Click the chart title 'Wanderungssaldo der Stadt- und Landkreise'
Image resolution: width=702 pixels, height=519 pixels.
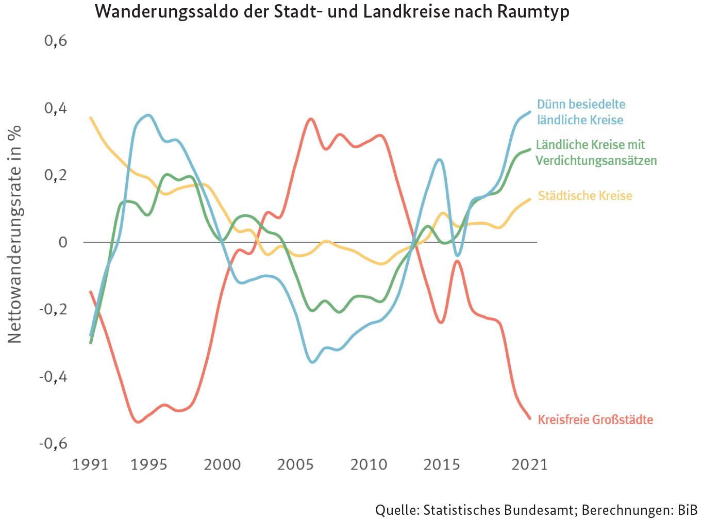click(332, 11)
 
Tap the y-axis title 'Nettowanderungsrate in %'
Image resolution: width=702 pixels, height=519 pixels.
click(14, 235)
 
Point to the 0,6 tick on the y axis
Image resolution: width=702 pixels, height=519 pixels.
click(56, 40)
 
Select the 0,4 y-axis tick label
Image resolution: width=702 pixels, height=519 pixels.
click(56, 108)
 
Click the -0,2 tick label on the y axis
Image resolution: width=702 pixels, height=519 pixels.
click(54, 309)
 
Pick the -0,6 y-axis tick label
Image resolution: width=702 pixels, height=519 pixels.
click(54, 443)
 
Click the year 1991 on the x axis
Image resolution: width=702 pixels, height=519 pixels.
click(90, 465)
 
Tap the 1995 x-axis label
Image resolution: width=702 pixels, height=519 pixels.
click(149, 465)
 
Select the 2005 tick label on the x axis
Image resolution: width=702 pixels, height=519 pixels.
click(295, 465)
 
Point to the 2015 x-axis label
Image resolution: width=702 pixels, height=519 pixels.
click(442, 465)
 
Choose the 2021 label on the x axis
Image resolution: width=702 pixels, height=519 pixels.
click(529, 465)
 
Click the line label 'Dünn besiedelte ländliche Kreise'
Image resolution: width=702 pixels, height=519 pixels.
click(581, 112)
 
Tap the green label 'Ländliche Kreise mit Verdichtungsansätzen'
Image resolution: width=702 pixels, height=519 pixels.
click(596, 153)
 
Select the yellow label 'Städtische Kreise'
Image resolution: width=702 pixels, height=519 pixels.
click(585, 196)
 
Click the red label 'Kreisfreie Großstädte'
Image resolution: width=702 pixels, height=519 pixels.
click(595, 420)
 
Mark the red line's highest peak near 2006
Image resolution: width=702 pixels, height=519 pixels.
click(310, 119)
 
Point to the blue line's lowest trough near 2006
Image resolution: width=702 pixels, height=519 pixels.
click(312, 362)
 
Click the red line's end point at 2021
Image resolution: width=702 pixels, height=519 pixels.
click(530, 418)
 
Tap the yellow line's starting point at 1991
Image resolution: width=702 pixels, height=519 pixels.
click(91, 118)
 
